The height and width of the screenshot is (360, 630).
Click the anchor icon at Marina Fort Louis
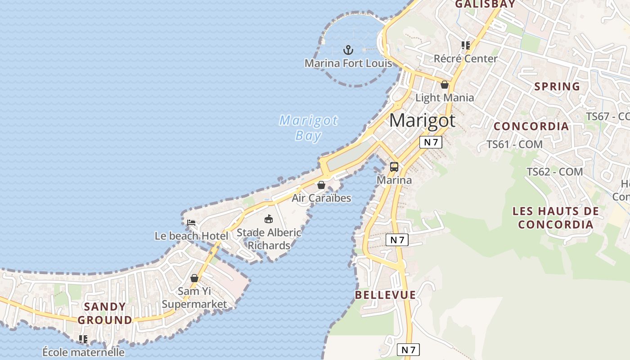pos(348,49)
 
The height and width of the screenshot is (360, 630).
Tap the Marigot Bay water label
pos(308,128)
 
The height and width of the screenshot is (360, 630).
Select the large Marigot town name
pos(422,121)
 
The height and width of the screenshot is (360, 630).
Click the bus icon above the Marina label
pos(394,167)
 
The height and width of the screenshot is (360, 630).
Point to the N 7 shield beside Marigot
pos(431,142)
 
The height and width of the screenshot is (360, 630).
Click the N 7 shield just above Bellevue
pos(397,240)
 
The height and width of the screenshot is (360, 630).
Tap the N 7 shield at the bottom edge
pos(408,350)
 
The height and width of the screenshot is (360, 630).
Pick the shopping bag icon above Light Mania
pos(445,85)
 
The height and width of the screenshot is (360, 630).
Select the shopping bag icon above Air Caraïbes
pos(321,185)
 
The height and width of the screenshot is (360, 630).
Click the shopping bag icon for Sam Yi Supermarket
pos(194,278)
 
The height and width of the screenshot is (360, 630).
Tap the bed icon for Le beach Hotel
pos(191,223)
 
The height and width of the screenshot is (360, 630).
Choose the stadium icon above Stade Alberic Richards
pos(269,219)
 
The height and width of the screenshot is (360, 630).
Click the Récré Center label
pos(465,58)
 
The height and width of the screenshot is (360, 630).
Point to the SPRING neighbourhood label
pos(557,86)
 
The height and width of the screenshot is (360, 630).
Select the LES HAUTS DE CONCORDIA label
pos(556,217)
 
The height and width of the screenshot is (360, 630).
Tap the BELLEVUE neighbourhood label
pos(386,295)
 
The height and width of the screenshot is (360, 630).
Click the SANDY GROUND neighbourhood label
pos(105,313)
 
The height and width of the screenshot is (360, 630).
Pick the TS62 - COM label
pos(554,172)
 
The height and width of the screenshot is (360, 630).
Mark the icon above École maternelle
pos(83,339)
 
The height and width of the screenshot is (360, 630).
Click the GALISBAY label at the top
pos(485,4)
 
